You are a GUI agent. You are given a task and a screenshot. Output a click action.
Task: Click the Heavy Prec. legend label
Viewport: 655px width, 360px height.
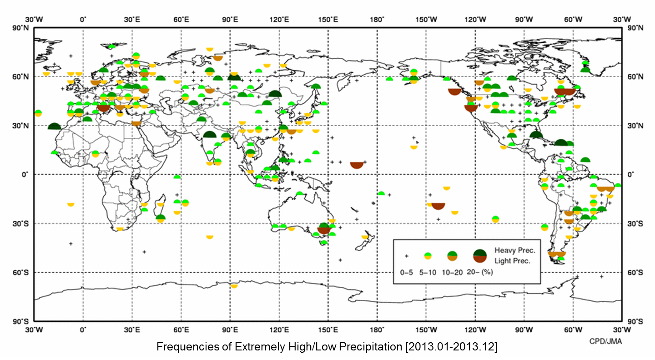(514, 251)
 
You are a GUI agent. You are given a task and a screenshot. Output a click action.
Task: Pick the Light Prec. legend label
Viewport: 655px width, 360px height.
(513, 261)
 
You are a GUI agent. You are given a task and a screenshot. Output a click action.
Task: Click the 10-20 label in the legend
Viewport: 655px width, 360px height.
(453, 272)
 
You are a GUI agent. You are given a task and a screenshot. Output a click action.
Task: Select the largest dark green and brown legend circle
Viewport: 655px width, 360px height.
(481, 256)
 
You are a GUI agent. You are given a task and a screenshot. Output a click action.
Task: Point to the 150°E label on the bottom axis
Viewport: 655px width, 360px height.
(328, 329)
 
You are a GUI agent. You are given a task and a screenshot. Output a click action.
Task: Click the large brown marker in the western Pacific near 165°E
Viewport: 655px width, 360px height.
(357, 164)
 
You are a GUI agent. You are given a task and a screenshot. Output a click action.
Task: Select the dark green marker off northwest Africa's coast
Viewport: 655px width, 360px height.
(54, 127)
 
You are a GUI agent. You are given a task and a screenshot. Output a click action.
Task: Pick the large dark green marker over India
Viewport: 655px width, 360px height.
(210, 134)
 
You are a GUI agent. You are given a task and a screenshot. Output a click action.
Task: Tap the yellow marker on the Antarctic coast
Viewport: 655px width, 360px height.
(234, 286)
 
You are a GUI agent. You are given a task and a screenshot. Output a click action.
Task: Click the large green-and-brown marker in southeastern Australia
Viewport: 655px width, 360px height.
(324, 228)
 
